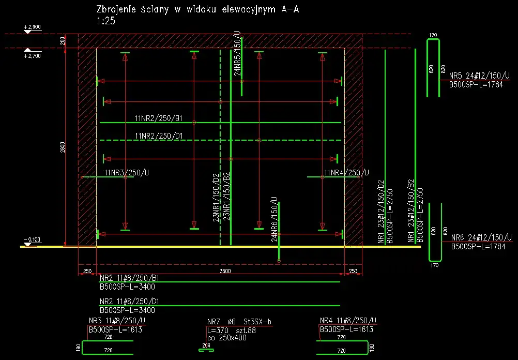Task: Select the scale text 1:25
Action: tap(106, 22)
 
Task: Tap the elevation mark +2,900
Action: tap(32, 26)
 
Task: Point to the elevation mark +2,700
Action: tap(32, 55)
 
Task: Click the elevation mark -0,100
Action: tap(32, 239)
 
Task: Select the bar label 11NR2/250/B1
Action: tap(158, 118)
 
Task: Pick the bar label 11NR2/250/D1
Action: tap(158, 136)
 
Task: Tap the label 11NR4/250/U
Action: tap(346, 172)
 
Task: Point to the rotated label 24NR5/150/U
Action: tap(237, 54)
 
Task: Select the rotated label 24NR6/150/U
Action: tap(275, 219)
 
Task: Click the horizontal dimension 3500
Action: tap(225, 271)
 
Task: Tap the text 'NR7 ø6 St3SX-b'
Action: tap(239, 322)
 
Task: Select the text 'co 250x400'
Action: tap(226, 338)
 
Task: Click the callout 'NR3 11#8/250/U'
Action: tap(114, 321)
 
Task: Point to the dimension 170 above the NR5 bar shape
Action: tap(433, 35)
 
